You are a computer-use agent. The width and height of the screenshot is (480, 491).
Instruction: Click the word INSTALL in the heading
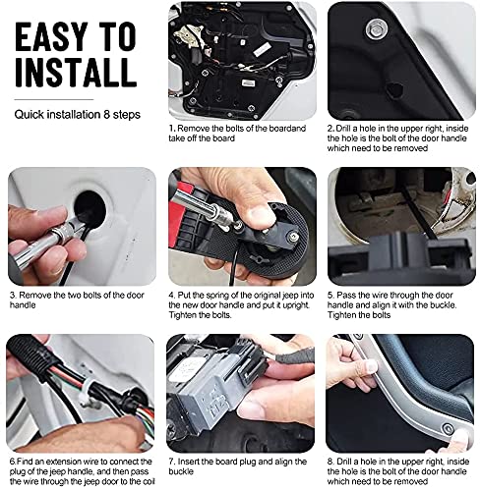76,73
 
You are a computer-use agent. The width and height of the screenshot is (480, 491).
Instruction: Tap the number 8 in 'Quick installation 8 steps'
106,115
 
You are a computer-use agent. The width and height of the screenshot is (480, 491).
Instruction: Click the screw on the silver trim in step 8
448,428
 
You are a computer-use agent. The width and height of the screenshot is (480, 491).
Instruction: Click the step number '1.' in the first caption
172,129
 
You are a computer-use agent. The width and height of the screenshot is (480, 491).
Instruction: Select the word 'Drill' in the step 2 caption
343,129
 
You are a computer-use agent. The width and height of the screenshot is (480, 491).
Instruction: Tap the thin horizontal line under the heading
54,99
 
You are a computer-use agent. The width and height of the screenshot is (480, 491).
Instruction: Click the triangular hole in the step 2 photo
394,88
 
